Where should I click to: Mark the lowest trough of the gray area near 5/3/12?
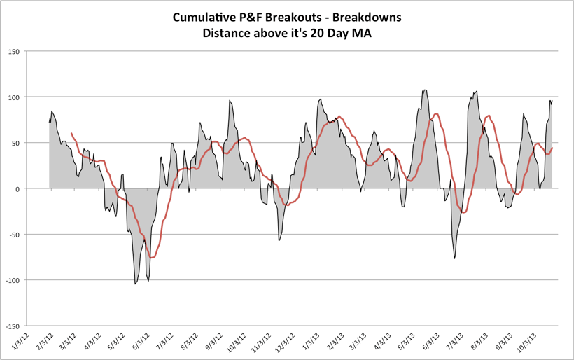click(x=135, y=284)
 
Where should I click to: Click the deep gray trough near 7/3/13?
click(x=455, y=258)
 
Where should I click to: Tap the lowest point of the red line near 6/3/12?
click(x=151, y=258)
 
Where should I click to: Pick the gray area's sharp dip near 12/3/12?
click(x=279, y=240)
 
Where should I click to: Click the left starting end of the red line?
click(x=71, y=133)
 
